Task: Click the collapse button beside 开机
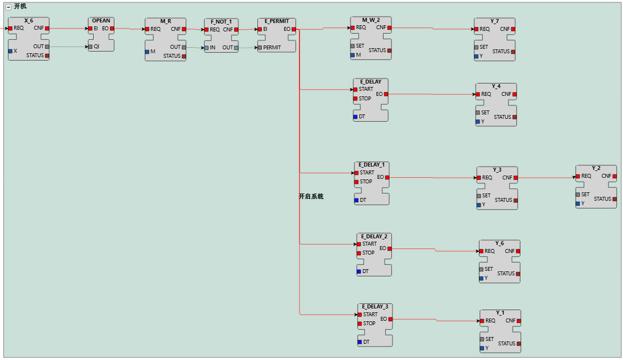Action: pyautogui.click(x=8, y=7)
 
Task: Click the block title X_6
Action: pyautogui.click(x=29, y=20)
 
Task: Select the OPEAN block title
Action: pyautogui.click(x=101, y=20)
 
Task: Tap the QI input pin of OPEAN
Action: pyautogui.click(x=90, y=47)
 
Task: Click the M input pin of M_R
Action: pyautogui.click(x=147, y=52)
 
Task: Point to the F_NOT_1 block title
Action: pyautogui.click(x=221, y=21)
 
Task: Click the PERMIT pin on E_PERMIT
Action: pyautogui.click(x=260, y=48)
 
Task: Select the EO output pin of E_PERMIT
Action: pyautogui.click(x=294, y=29)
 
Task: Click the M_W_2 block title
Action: pyautogui.click(x=371, y=20)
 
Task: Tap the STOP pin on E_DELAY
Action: pyautogui.click(x=356, y=99)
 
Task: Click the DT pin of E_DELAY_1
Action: pyautogui.click(x=357, y=200)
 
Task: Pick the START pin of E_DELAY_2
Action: pyautogui.click(x=359, y=244)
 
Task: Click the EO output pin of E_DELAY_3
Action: pyautogui.click(x=390, y=319)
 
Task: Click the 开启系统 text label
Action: pyautogui.click(x=311, y=197)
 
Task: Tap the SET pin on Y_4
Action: pyautogui.click(x=478, y=113)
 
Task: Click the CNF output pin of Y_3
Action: pyautogui.click(x=516, y=178)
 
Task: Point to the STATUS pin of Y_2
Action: pyautogui.click(x=615, y=199)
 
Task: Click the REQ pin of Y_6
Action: pyautogui.click(x=482, y=251)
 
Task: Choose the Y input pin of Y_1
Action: pyautogui.click(x=482, y=348)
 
